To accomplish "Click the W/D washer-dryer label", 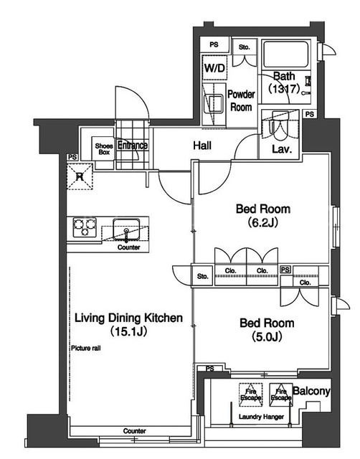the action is (214, 68).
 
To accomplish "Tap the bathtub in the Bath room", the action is (285, 55).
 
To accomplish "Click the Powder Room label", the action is (241, 100).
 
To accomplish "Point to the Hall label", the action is (202, 145).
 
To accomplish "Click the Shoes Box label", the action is (104, 148).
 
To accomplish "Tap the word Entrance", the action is (132, 145).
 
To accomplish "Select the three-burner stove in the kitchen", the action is (85, 227).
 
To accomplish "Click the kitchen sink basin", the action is (126, 229).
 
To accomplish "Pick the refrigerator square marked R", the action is (80, 176).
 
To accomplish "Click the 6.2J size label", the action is (263, 223).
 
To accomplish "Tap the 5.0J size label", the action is (267, 336).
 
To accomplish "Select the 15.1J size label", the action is (128, 331).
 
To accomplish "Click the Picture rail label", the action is (86, 348).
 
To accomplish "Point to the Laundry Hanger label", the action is (261, 417).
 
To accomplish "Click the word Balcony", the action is (311, 391).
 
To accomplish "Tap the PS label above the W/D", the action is (214, 44).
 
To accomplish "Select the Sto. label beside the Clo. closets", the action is (202, 276).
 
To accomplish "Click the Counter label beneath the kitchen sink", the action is (129, 247).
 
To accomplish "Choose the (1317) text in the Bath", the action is (285, 88).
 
